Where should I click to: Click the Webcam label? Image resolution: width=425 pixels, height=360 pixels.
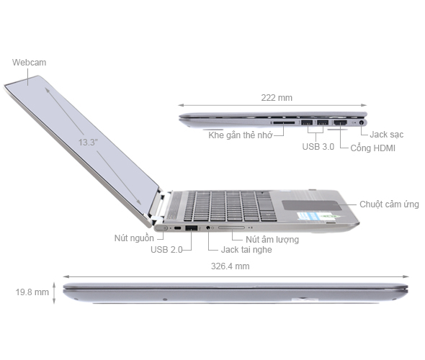[x=29, y=63]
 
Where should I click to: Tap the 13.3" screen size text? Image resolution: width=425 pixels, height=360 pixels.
[x=89, y=143]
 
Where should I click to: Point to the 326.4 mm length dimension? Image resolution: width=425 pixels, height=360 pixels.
[x=232, y=266]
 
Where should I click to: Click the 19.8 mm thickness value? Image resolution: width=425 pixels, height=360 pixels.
[x=32, y=292]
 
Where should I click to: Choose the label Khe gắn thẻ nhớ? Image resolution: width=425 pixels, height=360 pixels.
[x=240, y=135]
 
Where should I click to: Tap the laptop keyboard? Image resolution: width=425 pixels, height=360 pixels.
[x=223, y=204]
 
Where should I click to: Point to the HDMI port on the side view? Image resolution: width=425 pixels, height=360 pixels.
[x=341, y=122]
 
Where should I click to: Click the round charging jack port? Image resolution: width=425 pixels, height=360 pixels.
[x=361, y=122]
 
